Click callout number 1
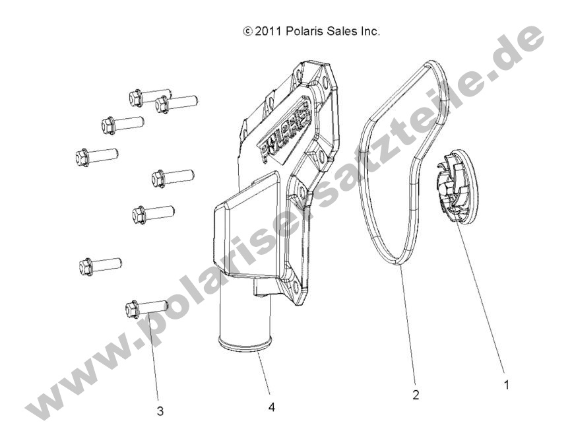click(506, 385)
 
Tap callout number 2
click(416, 395)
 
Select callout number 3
click(160, 411)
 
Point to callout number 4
click(271, 407)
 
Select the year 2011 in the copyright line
click(267, 32)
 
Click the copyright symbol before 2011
click(247, 32)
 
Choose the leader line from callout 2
click(408, 326)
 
